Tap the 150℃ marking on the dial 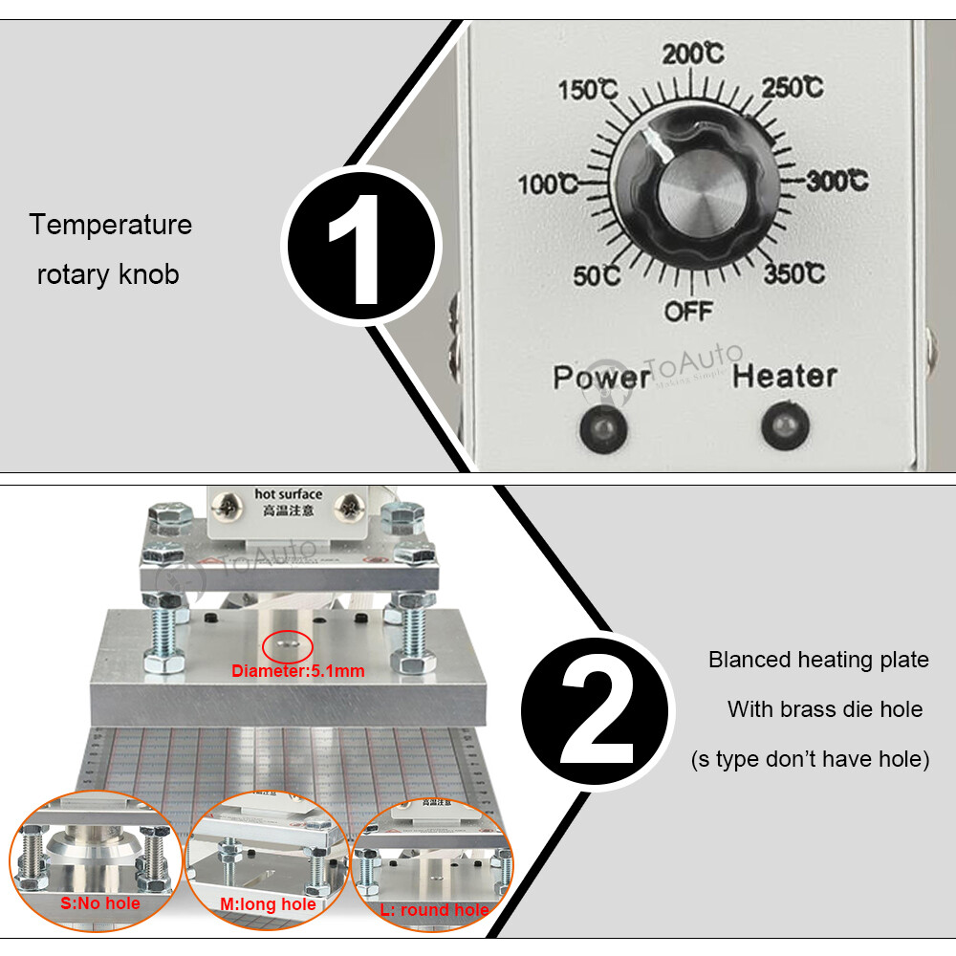point(586,91)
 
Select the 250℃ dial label point(793,88)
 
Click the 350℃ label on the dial point(793,274)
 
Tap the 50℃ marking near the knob point(597,276)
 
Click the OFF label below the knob point(689,311)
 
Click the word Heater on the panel point(785,377)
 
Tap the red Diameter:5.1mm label point(298,671)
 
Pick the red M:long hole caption point(269,904)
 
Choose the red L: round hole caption point(435,910)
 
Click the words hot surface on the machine point(288,494)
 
